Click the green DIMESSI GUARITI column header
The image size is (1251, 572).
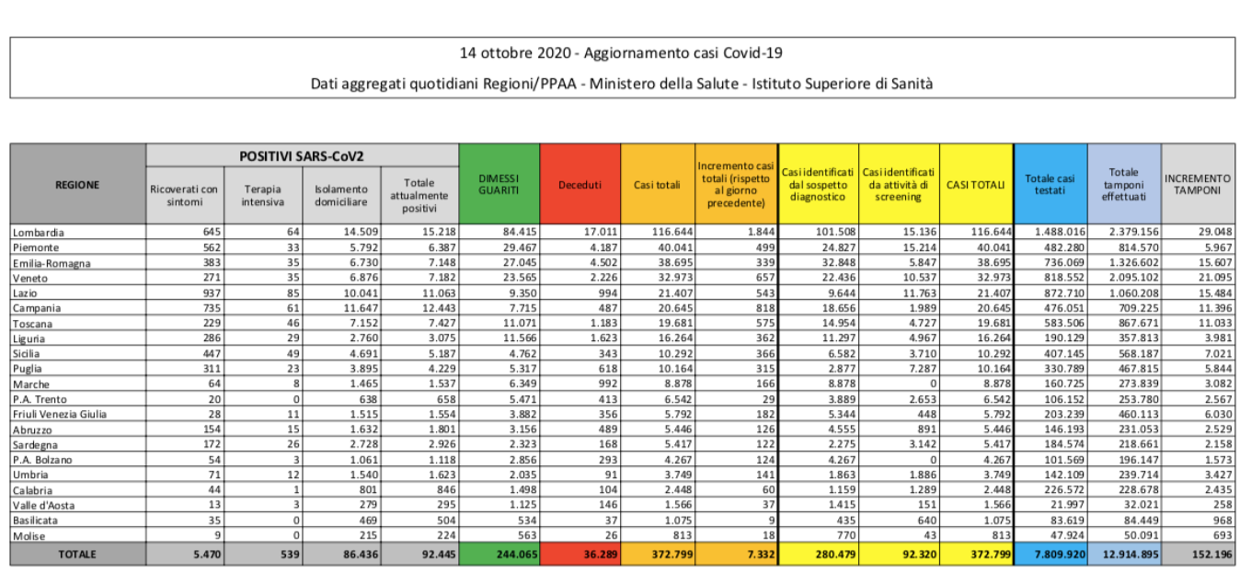(499, 184)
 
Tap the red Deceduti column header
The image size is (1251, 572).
(580, 185)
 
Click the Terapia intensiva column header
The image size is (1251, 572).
(262, 195)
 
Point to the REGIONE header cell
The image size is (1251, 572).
(77, 184)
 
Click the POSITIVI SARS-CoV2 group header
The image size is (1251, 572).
(302, 156)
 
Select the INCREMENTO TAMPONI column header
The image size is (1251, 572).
(1197, 184)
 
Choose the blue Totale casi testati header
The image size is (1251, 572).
(1050, 184)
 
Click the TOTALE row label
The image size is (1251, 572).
(77, 555)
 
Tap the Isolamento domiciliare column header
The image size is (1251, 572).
(340, 195)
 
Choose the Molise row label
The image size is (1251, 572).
(31, 536)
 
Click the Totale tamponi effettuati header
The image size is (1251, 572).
(1123, 184)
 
